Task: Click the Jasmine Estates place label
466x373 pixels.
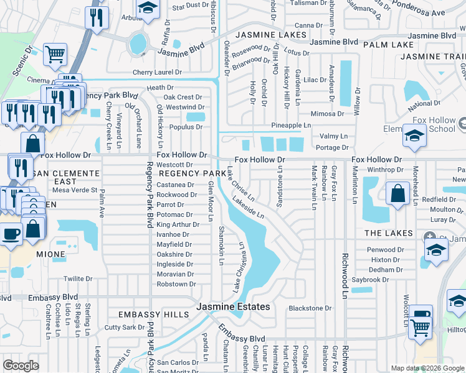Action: point(233,307)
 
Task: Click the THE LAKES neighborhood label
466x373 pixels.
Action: point(389,233)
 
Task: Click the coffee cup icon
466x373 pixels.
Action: point(10,234)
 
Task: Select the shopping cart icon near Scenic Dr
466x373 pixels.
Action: point(55,54)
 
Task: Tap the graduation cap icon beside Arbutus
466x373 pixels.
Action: point(148,9)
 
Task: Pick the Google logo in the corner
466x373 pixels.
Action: point(21,366)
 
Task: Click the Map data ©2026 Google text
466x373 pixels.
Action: point(427,368)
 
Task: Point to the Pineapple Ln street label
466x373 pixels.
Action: point(290,126)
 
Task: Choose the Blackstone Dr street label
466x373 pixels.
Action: point(310,308)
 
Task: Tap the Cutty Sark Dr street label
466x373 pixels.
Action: point(125,327)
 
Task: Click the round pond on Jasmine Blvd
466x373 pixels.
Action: point(138,44)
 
